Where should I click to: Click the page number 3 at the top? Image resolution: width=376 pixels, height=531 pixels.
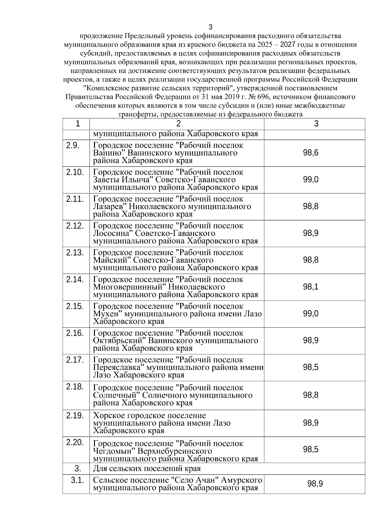pyautogui.click(x=211, y=27)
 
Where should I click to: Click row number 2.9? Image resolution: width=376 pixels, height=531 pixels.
pyautogui.click(x=72, y=146)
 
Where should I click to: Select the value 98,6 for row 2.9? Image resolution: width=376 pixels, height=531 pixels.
pyautogui.click(x=311, y=153)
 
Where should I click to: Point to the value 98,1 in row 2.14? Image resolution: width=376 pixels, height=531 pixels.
pyautogui.click(x=311, y=287)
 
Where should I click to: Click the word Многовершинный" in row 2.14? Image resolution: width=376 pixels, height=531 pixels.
pyautogui.click(x=129, y=287)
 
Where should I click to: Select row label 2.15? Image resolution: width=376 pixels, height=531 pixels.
pyautogui.click(x=75, y=306)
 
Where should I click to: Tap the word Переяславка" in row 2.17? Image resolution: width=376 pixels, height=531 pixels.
pyautogui.click(x=118, y=367)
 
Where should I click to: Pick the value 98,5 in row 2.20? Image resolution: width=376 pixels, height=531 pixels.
pyautogui.click(x=311, y=450)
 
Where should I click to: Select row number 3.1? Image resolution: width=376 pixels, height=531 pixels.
pyautogui.click(x=77, y=480)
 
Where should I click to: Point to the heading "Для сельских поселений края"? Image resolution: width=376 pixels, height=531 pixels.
pyautogui.click(x=147, y=469)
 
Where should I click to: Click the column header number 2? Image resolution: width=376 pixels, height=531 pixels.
pyautogui.click(x=179, y=124)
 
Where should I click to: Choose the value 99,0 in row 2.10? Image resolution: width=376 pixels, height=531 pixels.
pyautogui.click(x=311, y=180)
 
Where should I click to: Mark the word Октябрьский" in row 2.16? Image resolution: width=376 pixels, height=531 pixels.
pyautogui.click(x=119, y=340)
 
